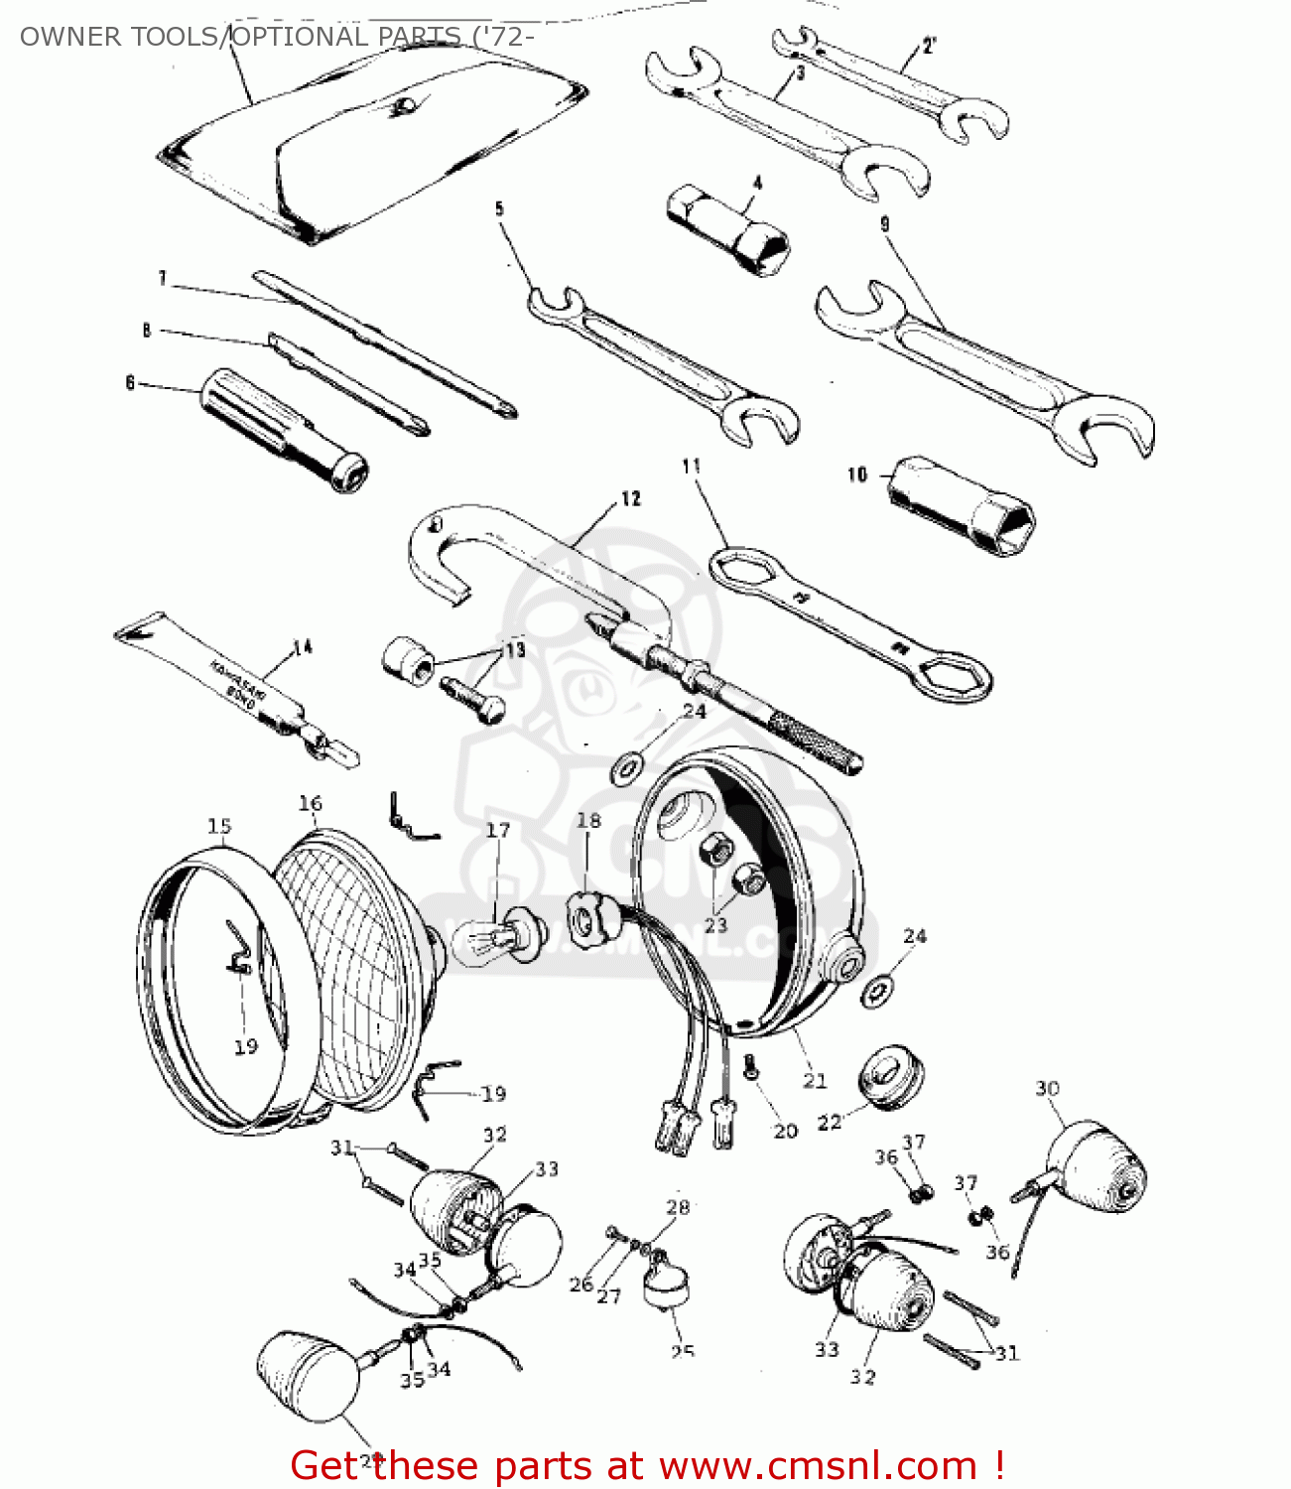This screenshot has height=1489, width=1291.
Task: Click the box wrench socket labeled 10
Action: (x=962, y=506)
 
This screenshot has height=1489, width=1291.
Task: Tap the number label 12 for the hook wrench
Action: (x=631, y=498)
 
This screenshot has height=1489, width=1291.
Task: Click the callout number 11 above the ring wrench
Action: (x=692, y=466)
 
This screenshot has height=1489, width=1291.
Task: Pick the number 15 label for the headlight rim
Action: (x=219, y=826)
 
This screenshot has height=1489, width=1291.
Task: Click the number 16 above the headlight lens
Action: (x=311, y=803)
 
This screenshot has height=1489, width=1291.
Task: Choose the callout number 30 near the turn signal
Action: (x=1048, y=1088)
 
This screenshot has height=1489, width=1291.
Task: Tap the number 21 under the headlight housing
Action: (x=815, y=1080)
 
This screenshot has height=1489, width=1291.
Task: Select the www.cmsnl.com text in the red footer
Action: (x=818, y=1465)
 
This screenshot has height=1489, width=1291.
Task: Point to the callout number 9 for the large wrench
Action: (x=885, y=224)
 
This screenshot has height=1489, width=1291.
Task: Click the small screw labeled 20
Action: (x=751, y=1067)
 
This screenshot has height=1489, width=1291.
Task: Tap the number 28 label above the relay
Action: (x=678, y=1207)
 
